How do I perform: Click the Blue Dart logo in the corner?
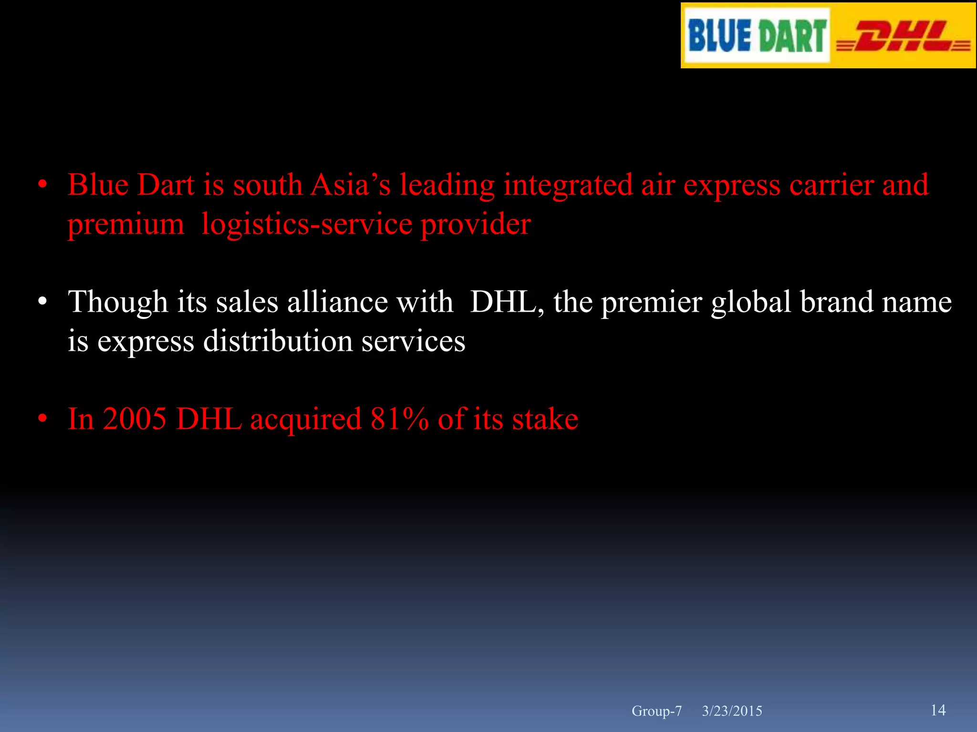[757, 36]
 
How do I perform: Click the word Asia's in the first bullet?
[350, 185]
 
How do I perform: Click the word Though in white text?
[118, 303]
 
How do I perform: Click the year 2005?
[135, 419]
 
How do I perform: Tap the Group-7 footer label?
[656, 711]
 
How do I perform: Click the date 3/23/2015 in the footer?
[732, 711]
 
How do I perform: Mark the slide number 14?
[938, 710]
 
